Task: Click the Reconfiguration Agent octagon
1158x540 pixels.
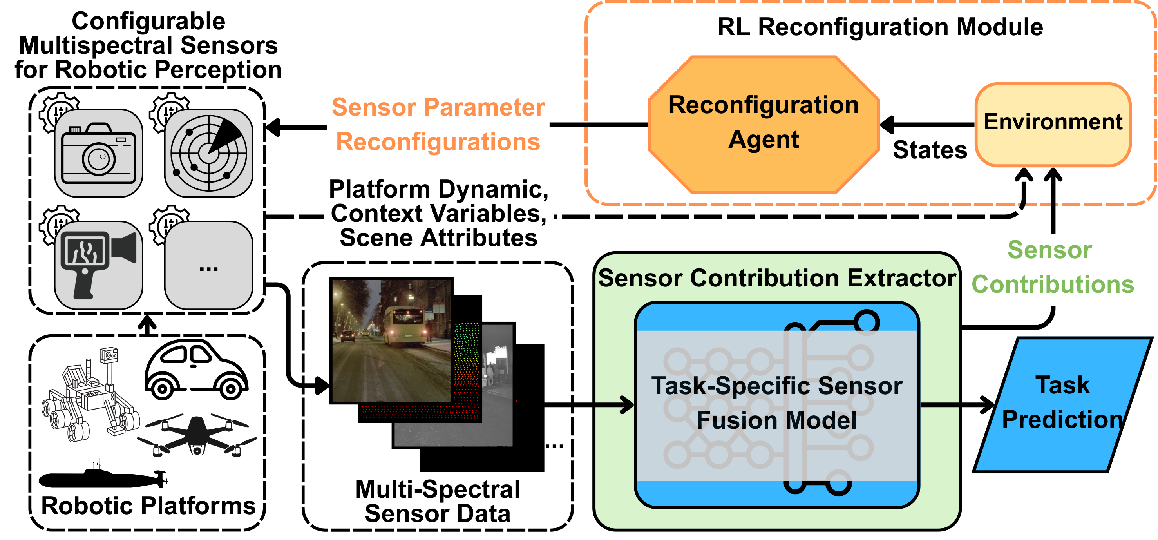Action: pos(763,125)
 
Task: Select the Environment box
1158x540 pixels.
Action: pos(1053,125)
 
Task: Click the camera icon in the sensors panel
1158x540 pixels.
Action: pos(98,153)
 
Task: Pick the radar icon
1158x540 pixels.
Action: pos(208,153)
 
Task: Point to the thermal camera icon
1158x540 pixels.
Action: pos(98,265)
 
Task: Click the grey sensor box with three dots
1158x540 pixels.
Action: pos(208,265)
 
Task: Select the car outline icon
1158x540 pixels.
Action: pos(196,370)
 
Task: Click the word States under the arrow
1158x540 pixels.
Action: pos(930,150)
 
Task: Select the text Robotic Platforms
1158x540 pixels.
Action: pos(148,506)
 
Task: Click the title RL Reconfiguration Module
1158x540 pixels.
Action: pos(880,27)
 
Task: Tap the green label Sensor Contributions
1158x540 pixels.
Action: pos(1052,267)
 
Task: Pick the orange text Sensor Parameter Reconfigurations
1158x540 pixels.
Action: pos(438,124)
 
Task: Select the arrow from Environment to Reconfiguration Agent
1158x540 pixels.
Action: pos(927,125)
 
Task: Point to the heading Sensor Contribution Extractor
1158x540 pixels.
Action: pos(777,278)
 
